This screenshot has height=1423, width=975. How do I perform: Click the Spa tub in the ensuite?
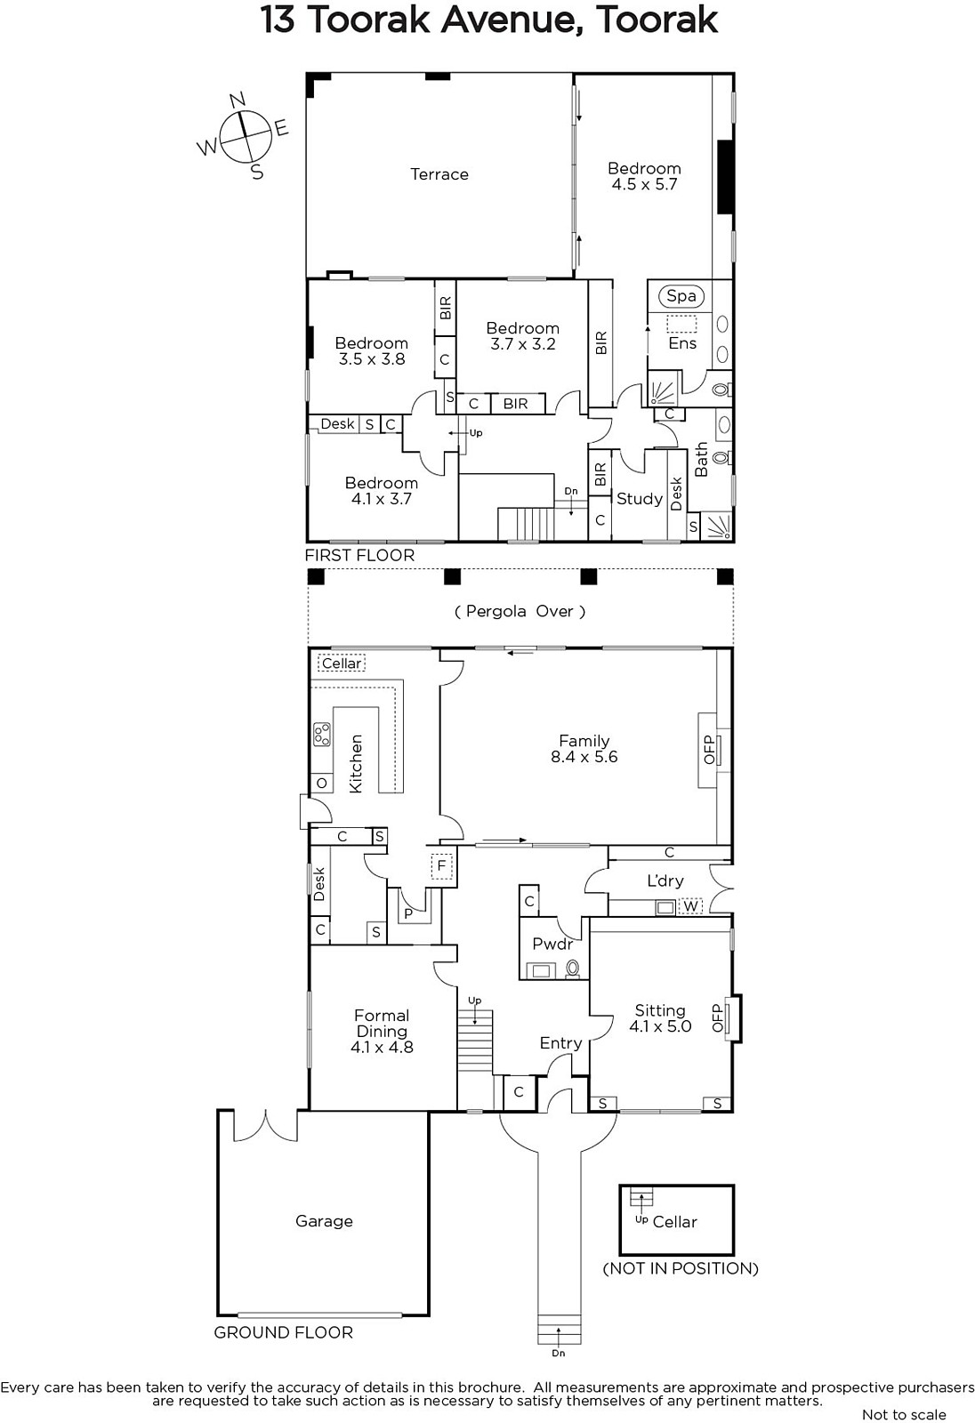click(x=681, y=295)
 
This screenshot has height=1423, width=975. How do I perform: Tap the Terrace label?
click(x=439, y=174)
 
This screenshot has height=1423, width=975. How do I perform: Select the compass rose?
click(x=243, y=136)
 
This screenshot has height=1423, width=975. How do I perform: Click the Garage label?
click(x=324, y=1220)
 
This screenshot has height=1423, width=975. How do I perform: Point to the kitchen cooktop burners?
click(x=322, y=734)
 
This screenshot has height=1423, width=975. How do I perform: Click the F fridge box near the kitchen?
click(x=441, y=866)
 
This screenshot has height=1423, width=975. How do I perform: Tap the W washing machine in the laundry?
click(x=690, y=906)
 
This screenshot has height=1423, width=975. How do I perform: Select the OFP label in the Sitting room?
click(x=718, y=1017)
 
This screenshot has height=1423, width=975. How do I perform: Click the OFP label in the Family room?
click(x=709, y=750)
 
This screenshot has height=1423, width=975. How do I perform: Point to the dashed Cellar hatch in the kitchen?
click(x=342, y=663)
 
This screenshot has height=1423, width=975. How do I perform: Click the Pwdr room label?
click(x=552, y=944)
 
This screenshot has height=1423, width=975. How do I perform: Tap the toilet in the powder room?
click(x=573, y=969)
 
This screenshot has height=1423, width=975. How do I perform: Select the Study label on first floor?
click(x=640, y=499)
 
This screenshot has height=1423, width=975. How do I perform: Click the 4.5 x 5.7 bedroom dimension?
click(x=644, y=184)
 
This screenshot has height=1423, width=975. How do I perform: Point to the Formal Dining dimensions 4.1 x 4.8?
click(x=382, y=1047)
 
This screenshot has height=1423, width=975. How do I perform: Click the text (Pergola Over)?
click(x=520, y=611)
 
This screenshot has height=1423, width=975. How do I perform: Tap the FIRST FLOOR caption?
click(x=359, y=555)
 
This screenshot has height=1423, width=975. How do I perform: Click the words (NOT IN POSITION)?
click(x=680, y=1268)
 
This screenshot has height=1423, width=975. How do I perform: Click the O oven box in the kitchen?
click(x=322, y=783)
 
